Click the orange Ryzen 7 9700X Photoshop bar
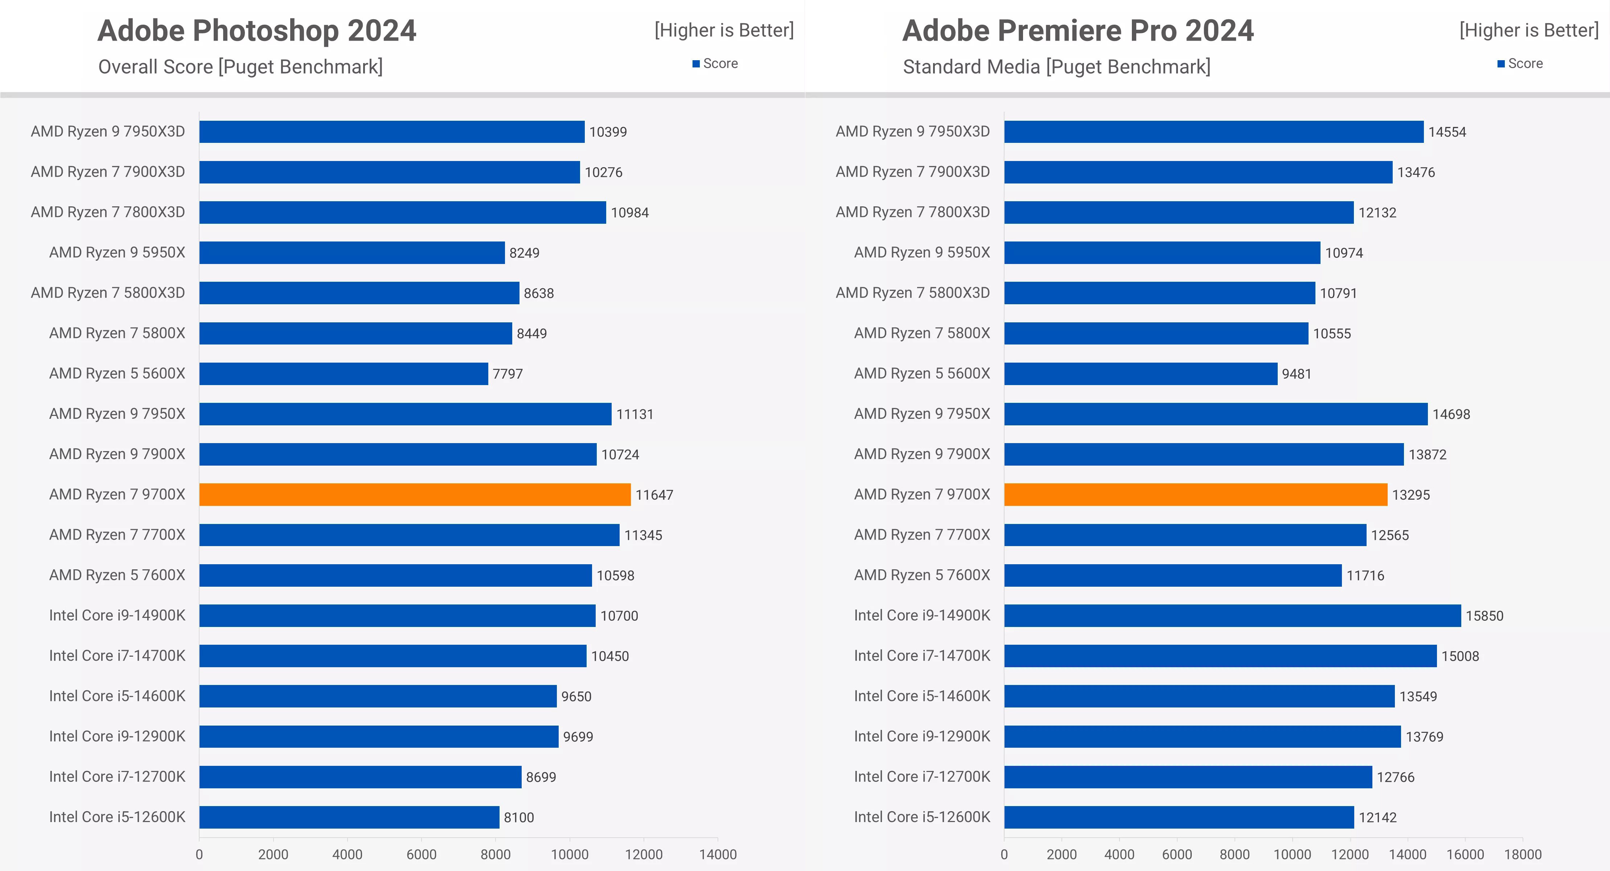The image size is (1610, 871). tap(414, 494)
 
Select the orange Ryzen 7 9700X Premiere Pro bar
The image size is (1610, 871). tap(1195, 494)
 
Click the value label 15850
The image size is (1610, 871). tap(1484, 615)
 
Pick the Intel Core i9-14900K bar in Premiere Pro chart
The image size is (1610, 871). tap(1232, 615)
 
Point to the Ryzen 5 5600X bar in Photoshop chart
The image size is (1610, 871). tap(343, 373)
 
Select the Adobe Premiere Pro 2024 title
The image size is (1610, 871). tap(1077, 30)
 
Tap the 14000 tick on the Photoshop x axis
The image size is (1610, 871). tap(718, 854)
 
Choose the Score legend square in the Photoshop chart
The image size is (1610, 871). tap(696, 64)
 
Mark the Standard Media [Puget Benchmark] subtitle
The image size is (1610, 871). tap(1056, 67)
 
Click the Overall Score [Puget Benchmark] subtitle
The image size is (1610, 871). tap(240, 67)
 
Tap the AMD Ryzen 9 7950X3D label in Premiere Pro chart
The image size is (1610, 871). tap(912, 131)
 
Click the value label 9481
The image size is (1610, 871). tap(1296, 373)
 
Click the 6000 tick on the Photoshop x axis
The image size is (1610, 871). tap(421, 854)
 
